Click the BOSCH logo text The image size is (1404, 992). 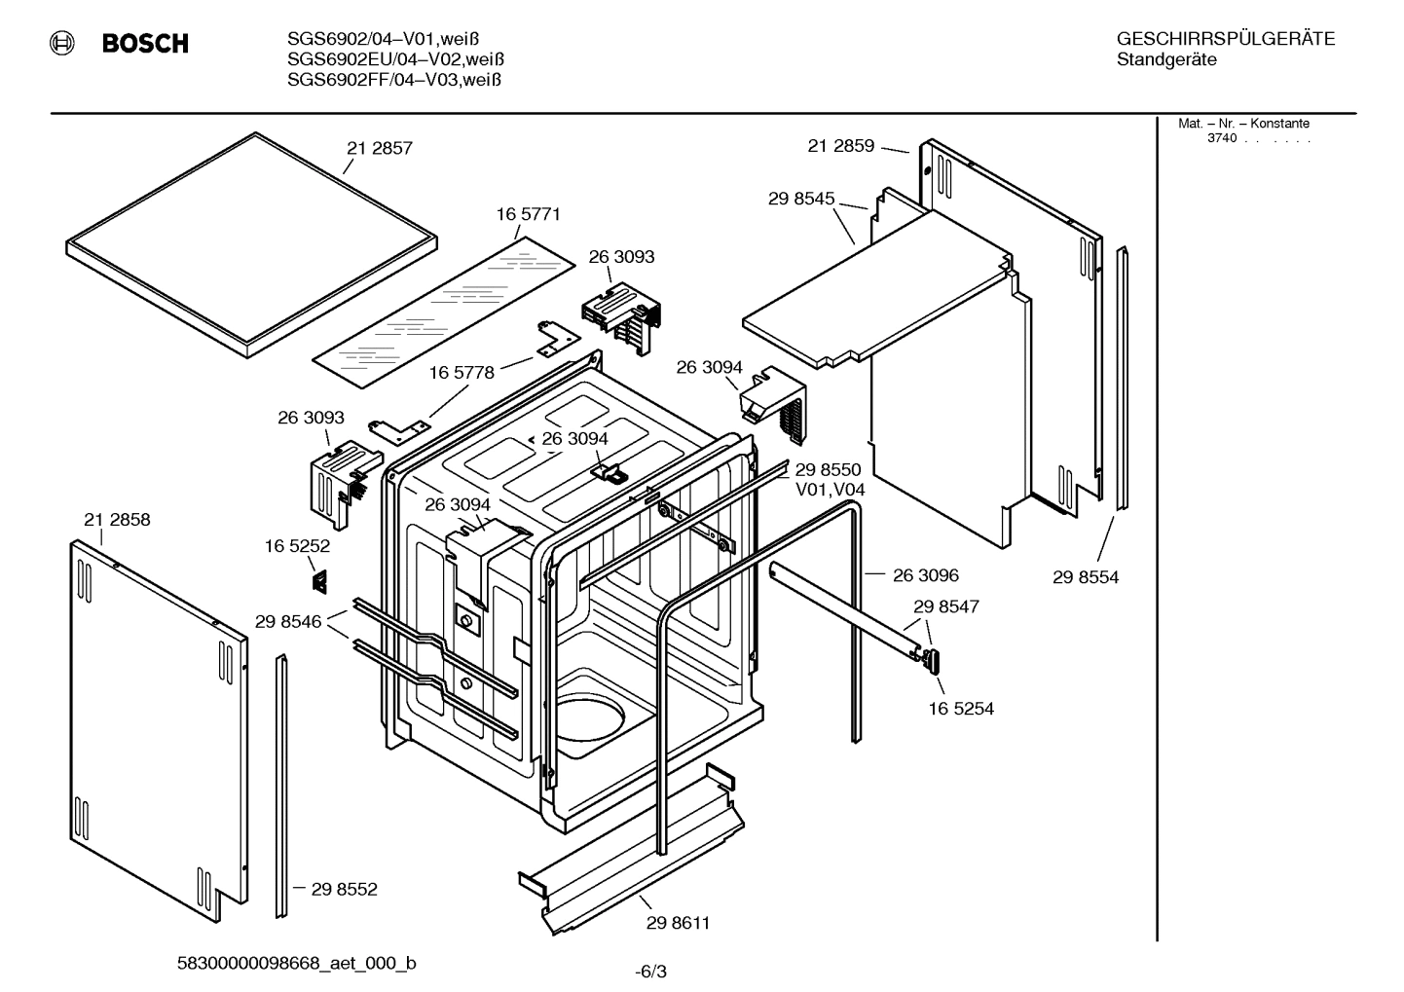point(145,44)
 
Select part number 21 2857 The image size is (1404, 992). point(380,149)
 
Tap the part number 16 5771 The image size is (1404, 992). point(529,214)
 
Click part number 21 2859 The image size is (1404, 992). point(840,146)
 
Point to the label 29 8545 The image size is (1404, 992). point(801,199)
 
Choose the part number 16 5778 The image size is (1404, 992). point(462,373)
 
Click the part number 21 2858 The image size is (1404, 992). point(117,520)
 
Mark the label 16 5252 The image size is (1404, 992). point(297,547)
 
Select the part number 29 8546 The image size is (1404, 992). point(288,621)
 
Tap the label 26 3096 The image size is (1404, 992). point(925,575)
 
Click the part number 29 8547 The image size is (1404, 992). point(945,606)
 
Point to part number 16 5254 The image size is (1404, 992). point(961,709)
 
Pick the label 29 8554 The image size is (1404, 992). point(1086,577)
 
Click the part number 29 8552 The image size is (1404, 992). point(344,889)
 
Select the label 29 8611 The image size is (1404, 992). point(678,923)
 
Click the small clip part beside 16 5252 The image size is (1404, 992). point(318,581)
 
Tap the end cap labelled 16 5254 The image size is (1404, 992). point(933,660)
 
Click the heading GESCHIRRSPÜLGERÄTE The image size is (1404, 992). point(1225,39)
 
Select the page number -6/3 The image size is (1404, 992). point(650,972)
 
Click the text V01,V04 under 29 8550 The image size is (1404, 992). point(831,490)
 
